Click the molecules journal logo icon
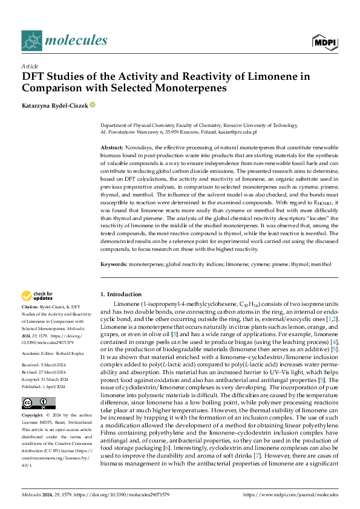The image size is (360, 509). [31, 40]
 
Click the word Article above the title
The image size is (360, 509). [29, 66]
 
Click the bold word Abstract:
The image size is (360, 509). [112, 148]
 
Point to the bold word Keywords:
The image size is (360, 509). [114, 264]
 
